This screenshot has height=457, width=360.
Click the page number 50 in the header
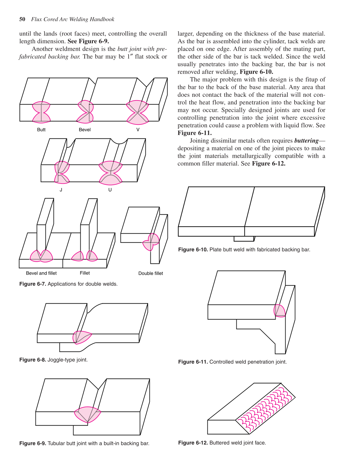[22, 19]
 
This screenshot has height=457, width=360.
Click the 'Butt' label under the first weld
[41, 130]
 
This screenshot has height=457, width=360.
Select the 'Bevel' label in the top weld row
[85, 130]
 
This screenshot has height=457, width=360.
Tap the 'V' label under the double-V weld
[138, 130]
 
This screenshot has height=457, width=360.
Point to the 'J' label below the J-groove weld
[61, 190]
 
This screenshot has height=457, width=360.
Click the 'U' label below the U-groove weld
[110, 190]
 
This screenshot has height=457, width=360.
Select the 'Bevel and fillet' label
[41, 273]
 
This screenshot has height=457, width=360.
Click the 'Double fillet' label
[151, 273]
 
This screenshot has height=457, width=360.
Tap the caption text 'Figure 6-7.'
[33, 284]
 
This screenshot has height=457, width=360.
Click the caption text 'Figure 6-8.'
[33, 360]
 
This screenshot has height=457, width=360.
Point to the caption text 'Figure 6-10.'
[193, 250]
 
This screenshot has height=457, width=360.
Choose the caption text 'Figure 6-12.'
[193, 443]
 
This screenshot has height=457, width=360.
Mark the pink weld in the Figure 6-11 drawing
[279, 311]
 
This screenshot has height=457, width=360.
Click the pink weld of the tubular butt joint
[88, 414]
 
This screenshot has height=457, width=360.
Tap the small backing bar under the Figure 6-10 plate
[244, 239]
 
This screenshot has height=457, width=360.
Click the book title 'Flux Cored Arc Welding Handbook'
[73, 19]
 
